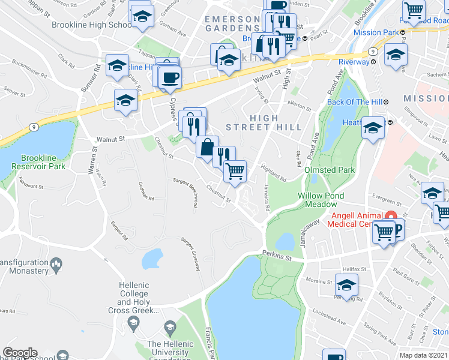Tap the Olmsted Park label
point(330,170)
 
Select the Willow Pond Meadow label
point(322,200)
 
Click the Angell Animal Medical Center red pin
point(390,217)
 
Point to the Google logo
point(19,353)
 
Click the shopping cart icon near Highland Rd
point(235,171)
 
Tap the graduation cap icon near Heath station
point(372,128)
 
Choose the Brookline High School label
point(92,25)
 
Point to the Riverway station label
point(354,62)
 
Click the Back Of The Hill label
point(354,102)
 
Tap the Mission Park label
point(376,32)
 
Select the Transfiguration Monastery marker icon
point(56,263)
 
